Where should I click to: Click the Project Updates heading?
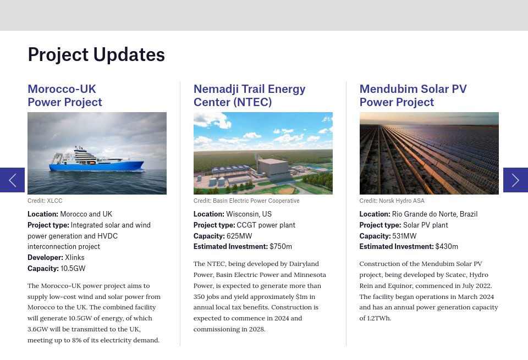click(96, 54)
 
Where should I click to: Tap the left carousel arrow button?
click(12, 180)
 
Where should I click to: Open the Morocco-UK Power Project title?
click(65, 96)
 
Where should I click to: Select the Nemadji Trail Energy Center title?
click(249, 96)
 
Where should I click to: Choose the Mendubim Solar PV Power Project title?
click(413, 96)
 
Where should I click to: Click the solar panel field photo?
click(429, 153)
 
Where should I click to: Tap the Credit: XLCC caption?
click(45, 201)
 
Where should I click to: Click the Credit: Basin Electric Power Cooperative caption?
click(246, 201)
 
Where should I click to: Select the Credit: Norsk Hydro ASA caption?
click(392, 201)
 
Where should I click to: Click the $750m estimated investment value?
click(280, 247)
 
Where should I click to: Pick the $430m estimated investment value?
click(447, 247)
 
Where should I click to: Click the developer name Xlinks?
click(75, 258)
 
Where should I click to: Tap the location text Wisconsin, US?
click(249, 214)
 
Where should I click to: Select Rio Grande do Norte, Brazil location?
click(435, 214)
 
